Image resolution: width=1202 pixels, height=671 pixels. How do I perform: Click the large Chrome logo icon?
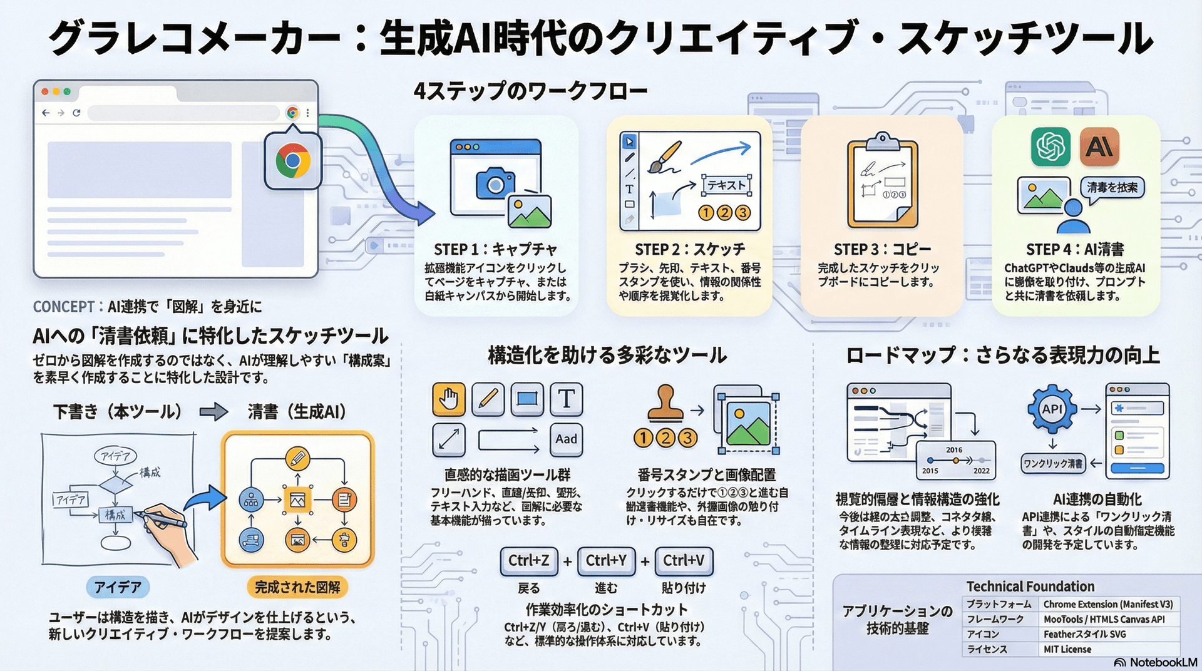click(x=292, y=161)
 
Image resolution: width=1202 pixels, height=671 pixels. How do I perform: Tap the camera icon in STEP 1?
click(x=495, y=183)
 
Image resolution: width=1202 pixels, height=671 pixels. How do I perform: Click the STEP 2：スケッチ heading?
click(x=690, y=249)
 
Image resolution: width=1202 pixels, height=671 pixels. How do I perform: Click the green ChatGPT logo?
click(x=1051, y=146)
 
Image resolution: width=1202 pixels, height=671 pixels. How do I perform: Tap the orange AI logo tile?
click(x=1099, y=146)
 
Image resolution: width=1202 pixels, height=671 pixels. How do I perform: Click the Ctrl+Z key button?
click(x=529, y=561)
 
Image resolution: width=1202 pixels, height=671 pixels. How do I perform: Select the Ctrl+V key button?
click(x=684, y=561)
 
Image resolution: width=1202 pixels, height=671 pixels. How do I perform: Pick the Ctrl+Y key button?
click(x=606, y=561)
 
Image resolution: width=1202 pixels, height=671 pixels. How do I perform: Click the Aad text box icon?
click(x=566, y=439)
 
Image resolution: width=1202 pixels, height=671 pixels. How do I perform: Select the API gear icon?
click(x=1052, y=409)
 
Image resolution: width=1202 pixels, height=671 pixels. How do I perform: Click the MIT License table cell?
click(x=1067, y=650)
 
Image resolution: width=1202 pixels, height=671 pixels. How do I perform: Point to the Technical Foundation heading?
click(x=1030, y=586)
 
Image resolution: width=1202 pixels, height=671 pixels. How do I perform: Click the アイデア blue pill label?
click(x=118, y=587)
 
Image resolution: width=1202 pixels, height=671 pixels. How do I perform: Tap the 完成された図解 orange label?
click(x=297, y=587)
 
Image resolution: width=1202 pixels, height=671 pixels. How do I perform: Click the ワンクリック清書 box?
click(x=1052, y=464)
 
